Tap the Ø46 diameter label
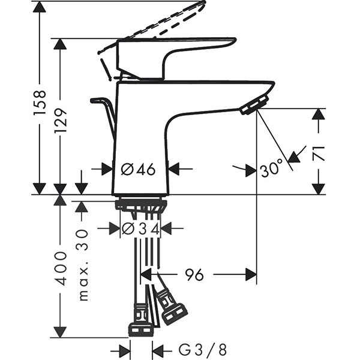138,170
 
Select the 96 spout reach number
194,275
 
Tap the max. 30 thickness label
82,264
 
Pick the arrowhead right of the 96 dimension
250,275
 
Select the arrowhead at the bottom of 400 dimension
61,332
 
